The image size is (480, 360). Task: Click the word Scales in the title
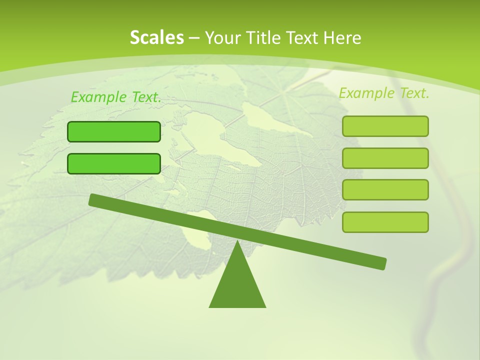click(x=156, y=37)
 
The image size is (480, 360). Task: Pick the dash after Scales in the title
click(x=194, y=38)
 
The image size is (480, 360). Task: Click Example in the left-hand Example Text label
click(x=98, y=97)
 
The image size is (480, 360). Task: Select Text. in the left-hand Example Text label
click(x=145, y=97)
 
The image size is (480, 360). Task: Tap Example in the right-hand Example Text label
click(x=366, y=93)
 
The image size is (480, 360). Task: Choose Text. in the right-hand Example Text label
click(x=413, y=93)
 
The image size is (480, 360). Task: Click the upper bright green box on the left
click(x=114, y=131)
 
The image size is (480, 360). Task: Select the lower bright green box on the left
click(x=114, y=163)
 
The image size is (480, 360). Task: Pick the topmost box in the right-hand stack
click(x=385, y=126)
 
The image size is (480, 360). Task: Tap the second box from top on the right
click(x=385, y=158)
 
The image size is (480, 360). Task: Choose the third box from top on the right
click(x=385, y=190)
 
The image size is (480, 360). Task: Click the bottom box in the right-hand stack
click(x=385, y=222)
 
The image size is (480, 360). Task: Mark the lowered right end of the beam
click(x=381, y=263)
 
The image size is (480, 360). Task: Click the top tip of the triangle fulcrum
click(x=237, y=242)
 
